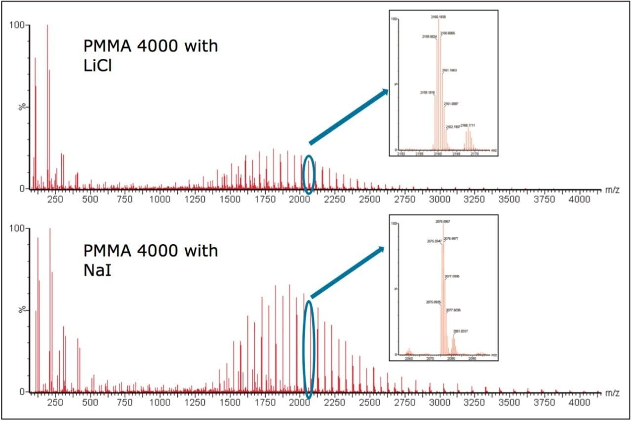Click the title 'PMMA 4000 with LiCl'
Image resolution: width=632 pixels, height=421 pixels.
point(150,56)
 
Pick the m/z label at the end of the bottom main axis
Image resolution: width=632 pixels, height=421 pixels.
point(612,393)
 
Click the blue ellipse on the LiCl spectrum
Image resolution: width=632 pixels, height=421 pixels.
point(308,175)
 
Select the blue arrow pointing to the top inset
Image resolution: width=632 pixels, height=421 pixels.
point(348,116)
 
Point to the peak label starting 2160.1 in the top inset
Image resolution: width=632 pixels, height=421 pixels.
point(438,17)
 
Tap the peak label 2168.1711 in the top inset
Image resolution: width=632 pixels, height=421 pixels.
point(468,126)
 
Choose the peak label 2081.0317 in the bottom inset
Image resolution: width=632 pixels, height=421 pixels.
point(461,331)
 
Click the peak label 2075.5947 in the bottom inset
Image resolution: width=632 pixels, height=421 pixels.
point(434,241)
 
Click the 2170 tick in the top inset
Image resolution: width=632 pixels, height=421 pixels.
point(475,154)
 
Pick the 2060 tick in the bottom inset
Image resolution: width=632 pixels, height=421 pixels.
point(408,359)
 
